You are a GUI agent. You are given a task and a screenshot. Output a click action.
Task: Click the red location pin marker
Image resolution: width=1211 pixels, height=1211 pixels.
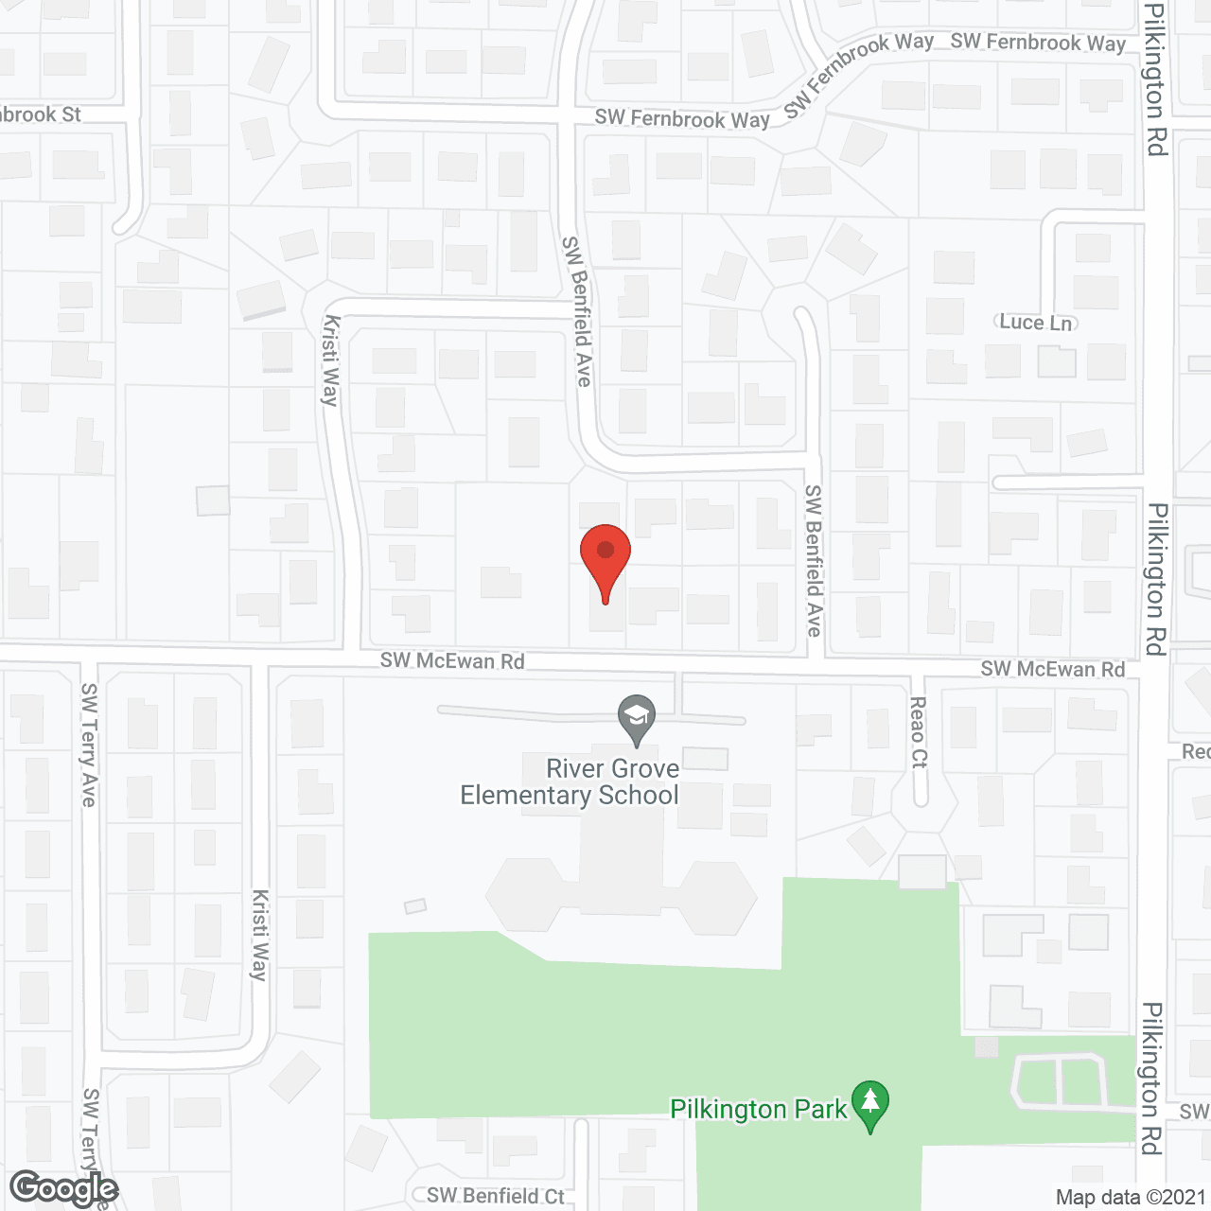coord(605,558)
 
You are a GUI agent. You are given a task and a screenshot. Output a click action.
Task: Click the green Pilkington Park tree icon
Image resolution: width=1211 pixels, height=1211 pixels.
coord(869,1105)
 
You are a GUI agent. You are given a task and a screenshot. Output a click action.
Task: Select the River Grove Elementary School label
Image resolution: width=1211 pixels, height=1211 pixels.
coord(570,781)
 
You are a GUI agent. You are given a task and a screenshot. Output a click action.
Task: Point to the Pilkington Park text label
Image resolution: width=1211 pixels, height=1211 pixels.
coord(758,1109)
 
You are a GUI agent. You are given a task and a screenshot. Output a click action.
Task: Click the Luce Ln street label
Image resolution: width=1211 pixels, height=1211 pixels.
coord(1036,323)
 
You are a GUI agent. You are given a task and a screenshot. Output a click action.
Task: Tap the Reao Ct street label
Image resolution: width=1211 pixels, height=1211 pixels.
coord(917,733)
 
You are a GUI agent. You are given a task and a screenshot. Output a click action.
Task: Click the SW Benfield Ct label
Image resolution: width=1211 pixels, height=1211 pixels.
coord(495,1196)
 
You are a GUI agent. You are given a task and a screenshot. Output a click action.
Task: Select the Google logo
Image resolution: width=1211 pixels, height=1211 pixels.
coord(64,1188)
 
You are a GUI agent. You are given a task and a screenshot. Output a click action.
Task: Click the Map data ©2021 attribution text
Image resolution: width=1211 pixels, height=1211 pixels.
coord(1131,1197)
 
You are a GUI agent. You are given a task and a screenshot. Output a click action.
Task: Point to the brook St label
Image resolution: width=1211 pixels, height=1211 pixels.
coord(41,114)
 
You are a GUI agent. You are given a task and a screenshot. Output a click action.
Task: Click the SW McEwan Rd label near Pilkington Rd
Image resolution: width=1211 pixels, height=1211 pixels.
coord(1052,669)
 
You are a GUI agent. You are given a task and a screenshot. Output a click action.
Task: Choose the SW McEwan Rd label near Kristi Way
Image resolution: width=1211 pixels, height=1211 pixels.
coord(452,660)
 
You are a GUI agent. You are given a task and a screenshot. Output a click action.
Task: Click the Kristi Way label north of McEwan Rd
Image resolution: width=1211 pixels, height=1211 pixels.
coord(330,360)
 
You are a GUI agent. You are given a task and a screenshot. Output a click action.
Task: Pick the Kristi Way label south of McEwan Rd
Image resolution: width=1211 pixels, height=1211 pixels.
coord(259,935)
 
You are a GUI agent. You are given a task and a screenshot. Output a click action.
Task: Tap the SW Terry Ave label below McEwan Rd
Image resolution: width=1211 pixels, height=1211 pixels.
coord(89,746)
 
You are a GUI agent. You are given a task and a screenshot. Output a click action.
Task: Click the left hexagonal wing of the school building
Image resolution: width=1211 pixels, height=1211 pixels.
coord(525,895)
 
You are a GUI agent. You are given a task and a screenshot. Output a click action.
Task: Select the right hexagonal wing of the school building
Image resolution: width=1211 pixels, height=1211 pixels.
coord(717,897)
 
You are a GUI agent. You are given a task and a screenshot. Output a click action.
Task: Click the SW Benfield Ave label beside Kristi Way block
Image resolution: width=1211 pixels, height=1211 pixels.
coord(577,311)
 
